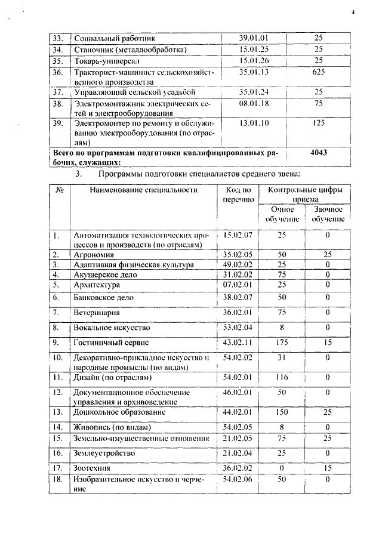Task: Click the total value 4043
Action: click(318, 153)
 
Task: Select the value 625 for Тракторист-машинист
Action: click(318, 72)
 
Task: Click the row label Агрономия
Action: click(94, 254)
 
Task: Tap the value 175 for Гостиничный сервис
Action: click(282, 342)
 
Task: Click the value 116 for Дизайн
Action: click(282, 377)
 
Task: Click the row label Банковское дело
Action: click(103, 297)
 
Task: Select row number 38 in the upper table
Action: click(58, 103)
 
